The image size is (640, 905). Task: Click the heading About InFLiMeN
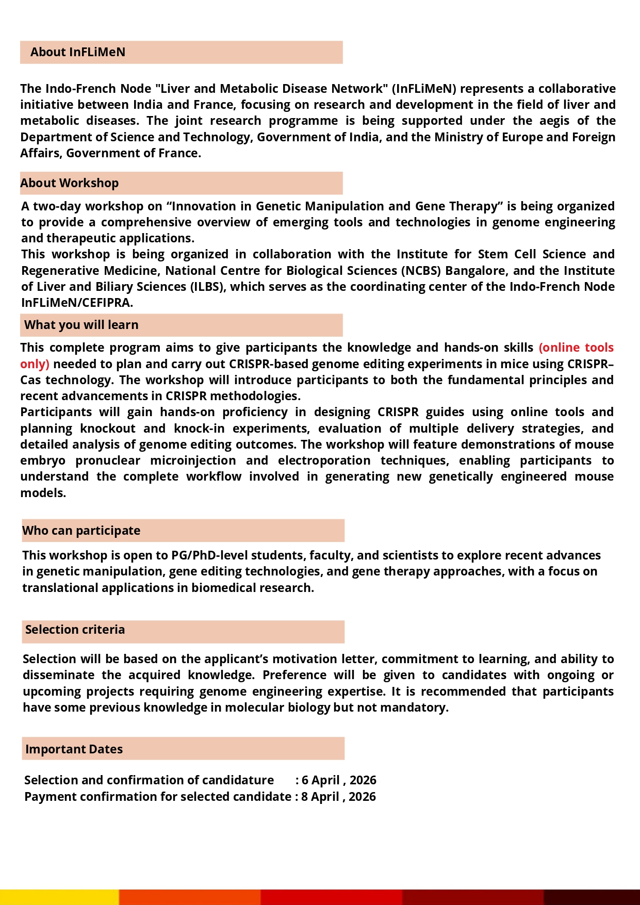point(78,52)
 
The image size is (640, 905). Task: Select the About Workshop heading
point(70,183)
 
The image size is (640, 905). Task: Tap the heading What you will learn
point(81,325)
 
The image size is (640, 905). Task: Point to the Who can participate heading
point(81,531)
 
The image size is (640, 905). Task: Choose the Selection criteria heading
point(75,630)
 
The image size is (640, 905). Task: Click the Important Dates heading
point(74,749)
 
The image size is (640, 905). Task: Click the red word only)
point(35,364)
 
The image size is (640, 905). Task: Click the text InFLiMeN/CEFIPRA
point(77,303)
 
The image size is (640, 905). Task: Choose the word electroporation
point(324,460)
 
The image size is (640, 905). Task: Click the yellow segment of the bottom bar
point(59,897)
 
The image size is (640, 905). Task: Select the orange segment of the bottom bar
point(190,897)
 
